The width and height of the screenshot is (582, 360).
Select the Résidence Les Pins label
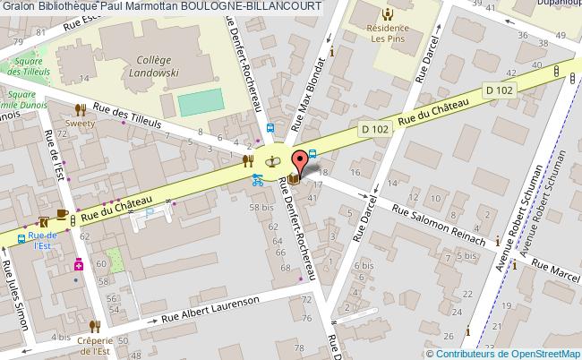point(387,33)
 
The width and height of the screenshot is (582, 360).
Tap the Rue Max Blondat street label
point(306,89)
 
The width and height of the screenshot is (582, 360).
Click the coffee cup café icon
point(62,213)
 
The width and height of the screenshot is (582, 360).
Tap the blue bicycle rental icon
point(257,178)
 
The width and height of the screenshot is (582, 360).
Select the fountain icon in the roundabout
point(274,160)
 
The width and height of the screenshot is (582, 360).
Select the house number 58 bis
point(262,208)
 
